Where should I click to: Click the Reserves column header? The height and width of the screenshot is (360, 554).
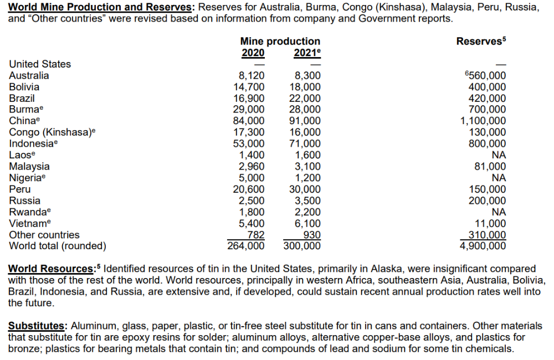coord(480,42)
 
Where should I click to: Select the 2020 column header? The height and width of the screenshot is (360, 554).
coord(253,53)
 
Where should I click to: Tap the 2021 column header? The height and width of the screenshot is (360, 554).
coord(306,53)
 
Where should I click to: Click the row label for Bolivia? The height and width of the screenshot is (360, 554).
coord(24,87)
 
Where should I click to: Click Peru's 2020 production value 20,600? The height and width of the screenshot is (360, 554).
coord(248,189)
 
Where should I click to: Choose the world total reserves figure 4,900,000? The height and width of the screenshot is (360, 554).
coord(483,245)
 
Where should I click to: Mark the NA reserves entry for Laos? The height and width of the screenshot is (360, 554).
coord(499,155)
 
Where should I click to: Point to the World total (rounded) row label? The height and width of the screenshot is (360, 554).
coord(58,246)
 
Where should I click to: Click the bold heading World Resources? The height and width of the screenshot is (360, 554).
coord(52,269)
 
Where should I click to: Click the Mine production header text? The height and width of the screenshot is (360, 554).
coord(280,42)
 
